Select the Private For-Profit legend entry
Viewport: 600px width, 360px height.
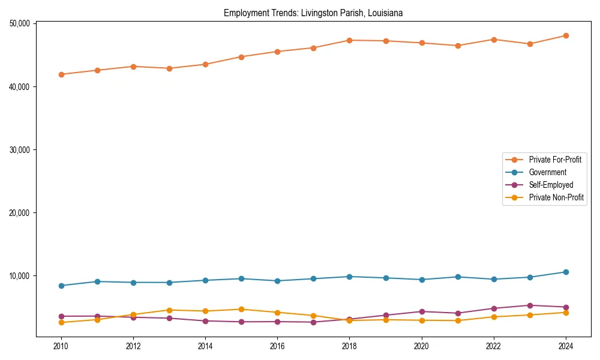click(x=551, y=160)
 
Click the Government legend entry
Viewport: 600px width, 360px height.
click(x=547, y=172)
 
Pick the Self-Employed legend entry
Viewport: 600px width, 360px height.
click(x=551, y=185)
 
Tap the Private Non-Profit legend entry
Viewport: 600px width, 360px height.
click(x=556, y=197)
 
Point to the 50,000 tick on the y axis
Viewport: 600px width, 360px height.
click(x=20, y=23)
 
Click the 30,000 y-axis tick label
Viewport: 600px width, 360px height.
click(x=20, y=149)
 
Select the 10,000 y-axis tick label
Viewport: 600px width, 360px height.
click(x=20, y=276)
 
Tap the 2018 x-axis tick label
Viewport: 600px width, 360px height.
click(x=349, y=346)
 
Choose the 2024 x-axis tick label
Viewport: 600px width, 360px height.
click(x=566, y=346)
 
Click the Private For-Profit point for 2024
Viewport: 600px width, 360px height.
click(x=566, y=35)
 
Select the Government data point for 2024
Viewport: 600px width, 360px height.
click(x=566, y=272)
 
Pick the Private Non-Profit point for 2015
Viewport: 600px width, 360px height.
click(x=241, y=309)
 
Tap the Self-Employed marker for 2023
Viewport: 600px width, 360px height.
click(x=530, y=305)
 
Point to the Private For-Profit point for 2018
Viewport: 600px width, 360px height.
click(x=349, y=40)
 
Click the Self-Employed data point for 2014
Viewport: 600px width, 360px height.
click(x=205, y=321)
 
